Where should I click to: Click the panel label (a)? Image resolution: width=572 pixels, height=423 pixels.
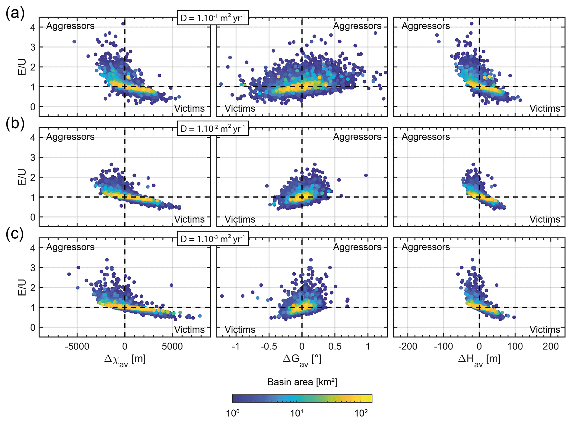pyautogui.click(x=15, y=13)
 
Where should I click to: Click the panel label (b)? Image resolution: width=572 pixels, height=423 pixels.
pyautogui.click(x=15, y=123)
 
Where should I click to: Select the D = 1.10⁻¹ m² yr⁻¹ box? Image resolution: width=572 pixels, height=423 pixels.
pyautogui.click(x=213, y=18)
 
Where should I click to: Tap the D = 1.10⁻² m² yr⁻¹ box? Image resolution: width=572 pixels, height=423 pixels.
pyautogui.click(x=213, y=129)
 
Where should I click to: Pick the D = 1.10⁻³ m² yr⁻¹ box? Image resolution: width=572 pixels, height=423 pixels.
pyautogui.click(x=213, y=239)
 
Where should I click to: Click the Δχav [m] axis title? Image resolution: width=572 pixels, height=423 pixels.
pyautogui.click(x=125, y=360)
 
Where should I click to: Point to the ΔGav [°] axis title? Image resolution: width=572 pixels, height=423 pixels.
pyautogui.click(x=302, y=360)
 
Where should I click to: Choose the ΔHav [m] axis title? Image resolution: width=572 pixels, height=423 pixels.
pyautogui.click(x=479, y=360)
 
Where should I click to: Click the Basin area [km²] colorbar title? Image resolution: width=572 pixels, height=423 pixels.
pyautogui.click(x=302, y=382)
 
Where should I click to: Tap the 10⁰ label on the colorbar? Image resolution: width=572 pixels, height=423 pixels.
pyautogui.click(x=232, y=413)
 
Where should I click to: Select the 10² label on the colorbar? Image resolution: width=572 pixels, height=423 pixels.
pyautogui.click(x=361, y=413)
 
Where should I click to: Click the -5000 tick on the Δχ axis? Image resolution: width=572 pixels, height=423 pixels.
pyautogui.click(x=77, y=346)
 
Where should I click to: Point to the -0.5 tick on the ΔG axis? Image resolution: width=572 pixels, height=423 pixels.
pyautogui.click(x=269, y=346)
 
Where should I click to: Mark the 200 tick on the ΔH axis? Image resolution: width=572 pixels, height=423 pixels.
pyautogui.click(x=550, y=346)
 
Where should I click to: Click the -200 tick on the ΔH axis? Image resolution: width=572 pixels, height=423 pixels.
pyautogui.click(x=408, y=346)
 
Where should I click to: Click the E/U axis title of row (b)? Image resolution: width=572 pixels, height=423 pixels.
pyautogui.click(x=22, y=177)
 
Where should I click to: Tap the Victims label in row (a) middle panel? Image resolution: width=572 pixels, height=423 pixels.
pyautogui.click(x=240, y=108)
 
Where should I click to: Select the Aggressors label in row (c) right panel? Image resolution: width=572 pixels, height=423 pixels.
pyautogui.click(x=426, y=247)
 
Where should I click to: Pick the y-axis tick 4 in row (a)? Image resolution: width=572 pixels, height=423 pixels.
pyautogui.click(x=33, y=27)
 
